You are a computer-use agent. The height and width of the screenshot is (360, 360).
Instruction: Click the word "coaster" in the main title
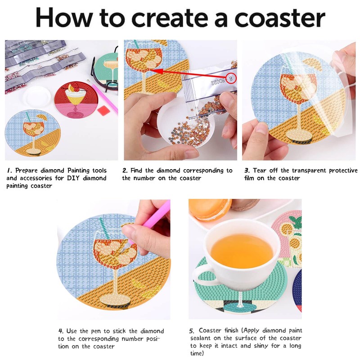pyautogui.click(x=280, y=18)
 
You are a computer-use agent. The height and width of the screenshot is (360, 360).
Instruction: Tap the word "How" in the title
pyautogui.click(x=64, y=18)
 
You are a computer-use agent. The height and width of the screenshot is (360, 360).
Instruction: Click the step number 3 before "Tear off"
pyautogui.click(x=247, y=171)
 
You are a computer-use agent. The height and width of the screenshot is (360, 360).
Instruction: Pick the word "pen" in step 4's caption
pyautogui.click(x=96, y=332)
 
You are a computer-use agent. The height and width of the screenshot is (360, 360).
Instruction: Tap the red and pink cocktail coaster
pyautogui.click(x=76, y=100)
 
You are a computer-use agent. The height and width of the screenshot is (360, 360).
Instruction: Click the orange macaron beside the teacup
pyautogui.click(x=210, y=208)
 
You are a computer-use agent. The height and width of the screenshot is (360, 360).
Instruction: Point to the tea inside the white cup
pyautogui.click(x=242, y=251)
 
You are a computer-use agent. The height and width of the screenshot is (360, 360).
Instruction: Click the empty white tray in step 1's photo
pyautogui.click(x=37, y=96)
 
